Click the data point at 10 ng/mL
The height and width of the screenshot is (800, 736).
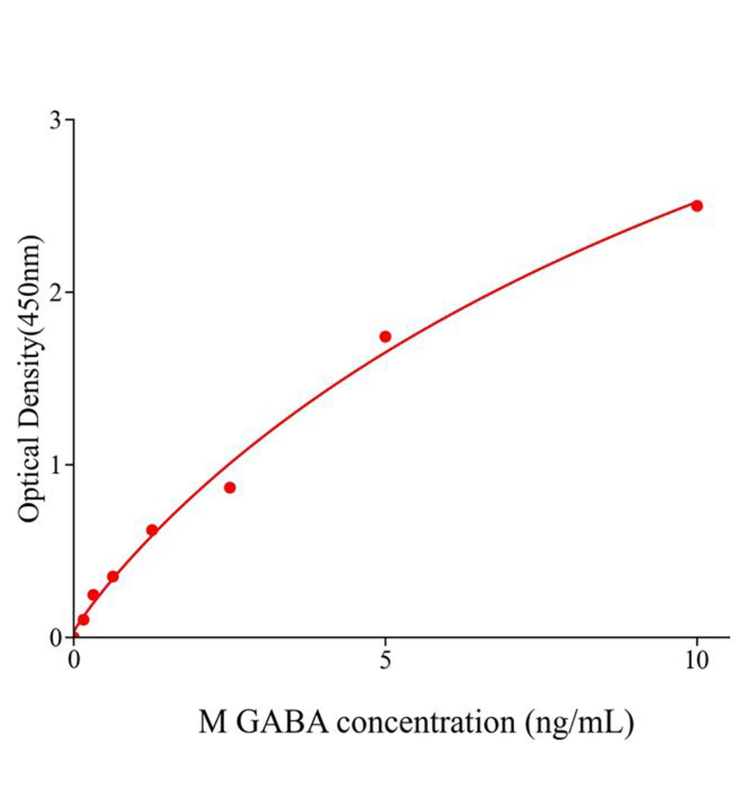coord(697,205)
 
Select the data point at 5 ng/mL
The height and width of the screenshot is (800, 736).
coord(385,336)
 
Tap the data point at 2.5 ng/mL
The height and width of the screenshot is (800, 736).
coord(230,487)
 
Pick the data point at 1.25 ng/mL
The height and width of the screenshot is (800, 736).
coord(152,530)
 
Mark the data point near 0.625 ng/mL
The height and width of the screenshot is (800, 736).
coord(113,576)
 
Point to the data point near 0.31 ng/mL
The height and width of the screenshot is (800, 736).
coord(93,595)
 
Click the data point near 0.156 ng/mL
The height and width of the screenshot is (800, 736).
coord(83,619)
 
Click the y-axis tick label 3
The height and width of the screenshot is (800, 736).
coord(57,120)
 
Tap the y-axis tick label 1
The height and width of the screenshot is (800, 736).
coord(57,465)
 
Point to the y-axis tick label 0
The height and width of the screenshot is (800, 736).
coord(57,637)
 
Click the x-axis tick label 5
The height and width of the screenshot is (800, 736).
coord(385,660)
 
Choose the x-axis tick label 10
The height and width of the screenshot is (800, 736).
coord(697,660)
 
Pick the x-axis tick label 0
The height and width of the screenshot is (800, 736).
coord(74,660)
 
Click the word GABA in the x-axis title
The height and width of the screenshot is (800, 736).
coord(283,723)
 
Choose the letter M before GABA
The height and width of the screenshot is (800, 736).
coord(213,723)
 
